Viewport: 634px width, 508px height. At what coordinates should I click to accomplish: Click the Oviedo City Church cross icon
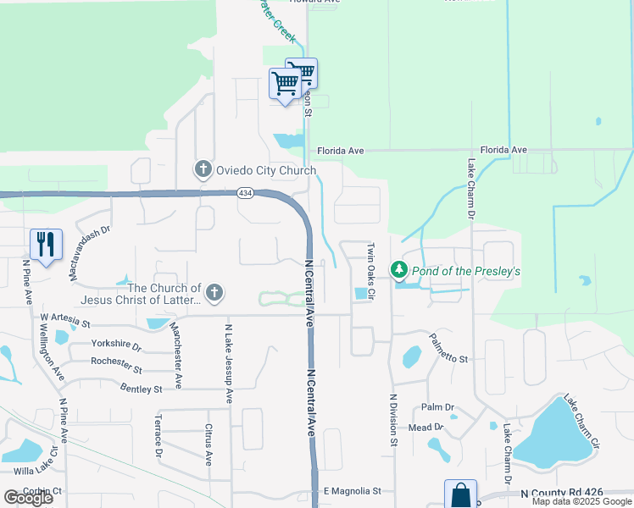point(203,170)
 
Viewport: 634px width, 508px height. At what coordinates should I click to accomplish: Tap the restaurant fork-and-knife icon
point(46,244)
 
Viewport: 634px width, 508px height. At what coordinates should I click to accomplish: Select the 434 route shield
point(244,193)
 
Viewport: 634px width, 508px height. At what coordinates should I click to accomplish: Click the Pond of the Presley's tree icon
point(399,271)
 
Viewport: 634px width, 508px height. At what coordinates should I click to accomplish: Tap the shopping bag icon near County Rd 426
point(460,494)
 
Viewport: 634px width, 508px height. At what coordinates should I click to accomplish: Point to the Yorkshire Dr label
point(116,345)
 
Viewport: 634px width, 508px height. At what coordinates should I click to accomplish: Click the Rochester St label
point(118,366)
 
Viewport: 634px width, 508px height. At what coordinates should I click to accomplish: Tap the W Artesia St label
point(65,321)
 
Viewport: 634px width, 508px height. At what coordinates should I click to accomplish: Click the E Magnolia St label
point(353,491)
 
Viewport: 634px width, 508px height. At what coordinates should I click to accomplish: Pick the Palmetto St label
point(448,359)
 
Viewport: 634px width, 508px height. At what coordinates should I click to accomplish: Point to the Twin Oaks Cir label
point(370,264)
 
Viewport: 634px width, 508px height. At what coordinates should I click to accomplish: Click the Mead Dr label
point(425,428)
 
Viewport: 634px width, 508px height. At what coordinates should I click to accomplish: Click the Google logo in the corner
point(28,498)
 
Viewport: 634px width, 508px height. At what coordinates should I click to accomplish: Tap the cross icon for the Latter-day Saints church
point(214,294)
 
